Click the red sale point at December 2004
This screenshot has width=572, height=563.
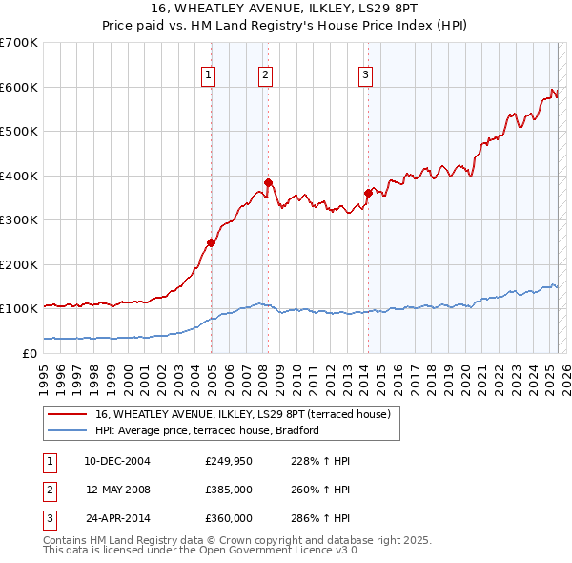(x=212, y=242)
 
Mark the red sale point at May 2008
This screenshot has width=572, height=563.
(x=269, y=182)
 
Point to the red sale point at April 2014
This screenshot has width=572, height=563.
(x=368, y=194)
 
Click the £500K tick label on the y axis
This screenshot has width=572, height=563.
(x=19, y=132)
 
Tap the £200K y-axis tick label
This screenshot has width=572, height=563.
(x=19, y=264)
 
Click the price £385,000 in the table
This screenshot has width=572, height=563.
(x=229, y=490)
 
